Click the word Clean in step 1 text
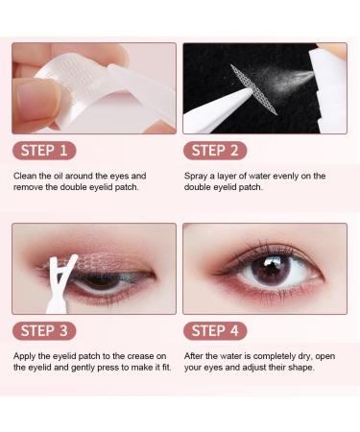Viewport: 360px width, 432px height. (x=27, y=176)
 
